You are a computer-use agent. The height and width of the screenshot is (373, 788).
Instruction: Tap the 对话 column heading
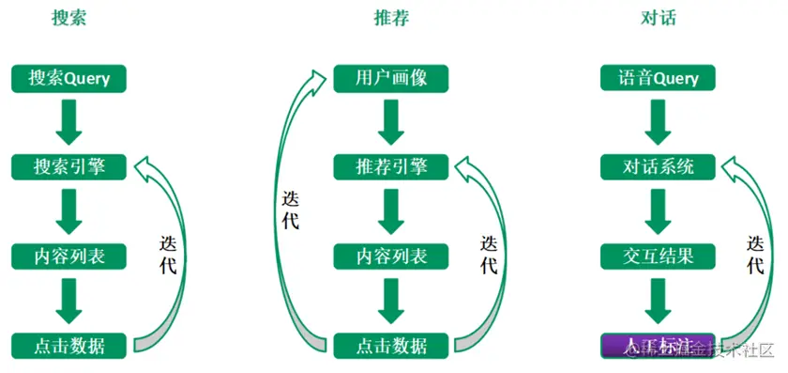pos(659,19)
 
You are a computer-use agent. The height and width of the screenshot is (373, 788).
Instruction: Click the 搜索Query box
pos(69,79)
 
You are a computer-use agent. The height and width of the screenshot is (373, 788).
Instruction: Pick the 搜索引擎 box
pos(69,167)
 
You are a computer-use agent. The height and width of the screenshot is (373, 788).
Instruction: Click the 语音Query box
pos(659,79)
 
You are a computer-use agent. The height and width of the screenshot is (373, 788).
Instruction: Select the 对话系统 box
pos(659,167)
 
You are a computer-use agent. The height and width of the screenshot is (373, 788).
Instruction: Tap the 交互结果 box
pos(659,256)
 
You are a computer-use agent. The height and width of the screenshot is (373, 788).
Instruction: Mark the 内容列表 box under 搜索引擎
pos(69,256)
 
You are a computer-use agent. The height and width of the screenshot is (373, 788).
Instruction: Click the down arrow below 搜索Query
pos(69,122)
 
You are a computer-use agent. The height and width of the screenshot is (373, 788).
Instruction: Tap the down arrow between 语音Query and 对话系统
pos(659,122)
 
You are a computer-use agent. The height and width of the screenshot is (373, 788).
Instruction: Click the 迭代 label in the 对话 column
pos(755,254)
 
